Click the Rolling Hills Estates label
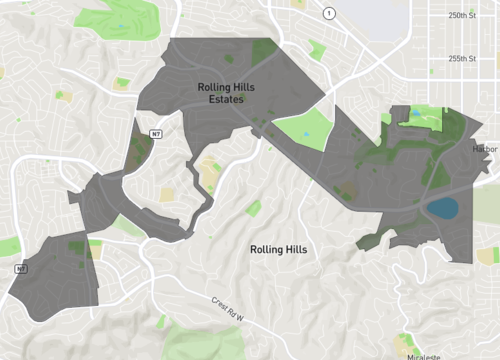coord(225,93)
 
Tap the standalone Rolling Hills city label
coord(278,249)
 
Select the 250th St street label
coord(462,16)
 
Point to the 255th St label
coord(462,58)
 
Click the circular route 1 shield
coord(329,13)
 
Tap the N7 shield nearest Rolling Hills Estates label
coord(155,133)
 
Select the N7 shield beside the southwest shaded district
coord(20,268)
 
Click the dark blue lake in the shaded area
coord(442,208)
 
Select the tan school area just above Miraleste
coord(405,341)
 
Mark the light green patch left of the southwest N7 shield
coord(8,247)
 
